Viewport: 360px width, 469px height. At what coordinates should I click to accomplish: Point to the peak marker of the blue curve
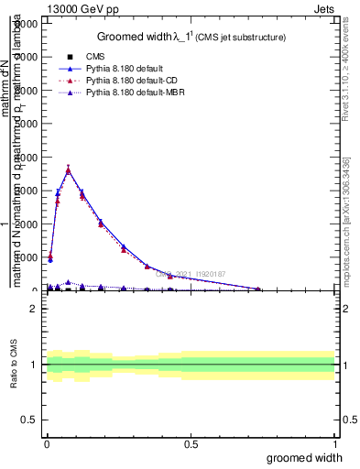point(69,169)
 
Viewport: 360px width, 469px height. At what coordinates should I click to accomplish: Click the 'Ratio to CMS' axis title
point(14,365)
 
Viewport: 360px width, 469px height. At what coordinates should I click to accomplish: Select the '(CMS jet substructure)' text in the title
point(242,38)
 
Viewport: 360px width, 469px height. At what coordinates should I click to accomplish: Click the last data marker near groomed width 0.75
point(258,289)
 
